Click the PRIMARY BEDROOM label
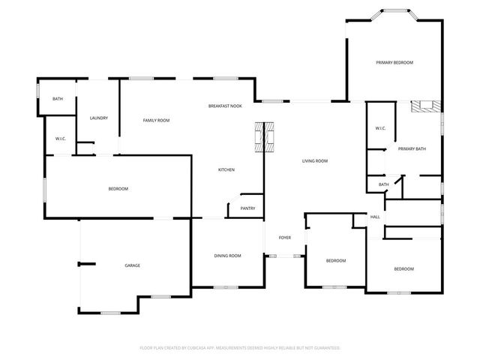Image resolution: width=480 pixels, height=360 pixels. (x=394, y=62)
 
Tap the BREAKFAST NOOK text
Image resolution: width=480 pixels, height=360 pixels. (x=225, y=106)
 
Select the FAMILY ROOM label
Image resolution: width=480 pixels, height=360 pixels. (x=157, y=120)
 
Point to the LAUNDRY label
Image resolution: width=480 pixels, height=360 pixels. (x=99, y=118)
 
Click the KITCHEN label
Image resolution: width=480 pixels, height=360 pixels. (x=226, y=169)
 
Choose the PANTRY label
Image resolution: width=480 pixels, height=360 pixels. (x=247, y=208)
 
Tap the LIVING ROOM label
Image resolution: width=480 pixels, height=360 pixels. (x=315, y=160)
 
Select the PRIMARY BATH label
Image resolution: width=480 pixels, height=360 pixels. (x=412, y=148)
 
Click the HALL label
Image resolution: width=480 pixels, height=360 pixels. (x=375, y=217)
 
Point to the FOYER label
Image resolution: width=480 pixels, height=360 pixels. (x=285, y=238)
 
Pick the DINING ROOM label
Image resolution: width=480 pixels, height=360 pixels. (x=227, y=256)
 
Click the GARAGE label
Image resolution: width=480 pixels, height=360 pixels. (x=133, y=265)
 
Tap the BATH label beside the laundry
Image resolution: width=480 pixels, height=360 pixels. (x=58, y=99)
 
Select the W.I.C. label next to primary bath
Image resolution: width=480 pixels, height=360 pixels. (x=380, y=128)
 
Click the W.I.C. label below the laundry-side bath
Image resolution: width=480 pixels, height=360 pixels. (x=61, y=139)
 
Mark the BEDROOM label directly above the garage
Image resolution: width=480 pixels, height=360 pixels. (x=118, y=188)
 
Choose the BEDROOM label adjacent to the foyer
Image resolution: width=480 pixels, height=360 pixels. (x=335, y=260)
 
